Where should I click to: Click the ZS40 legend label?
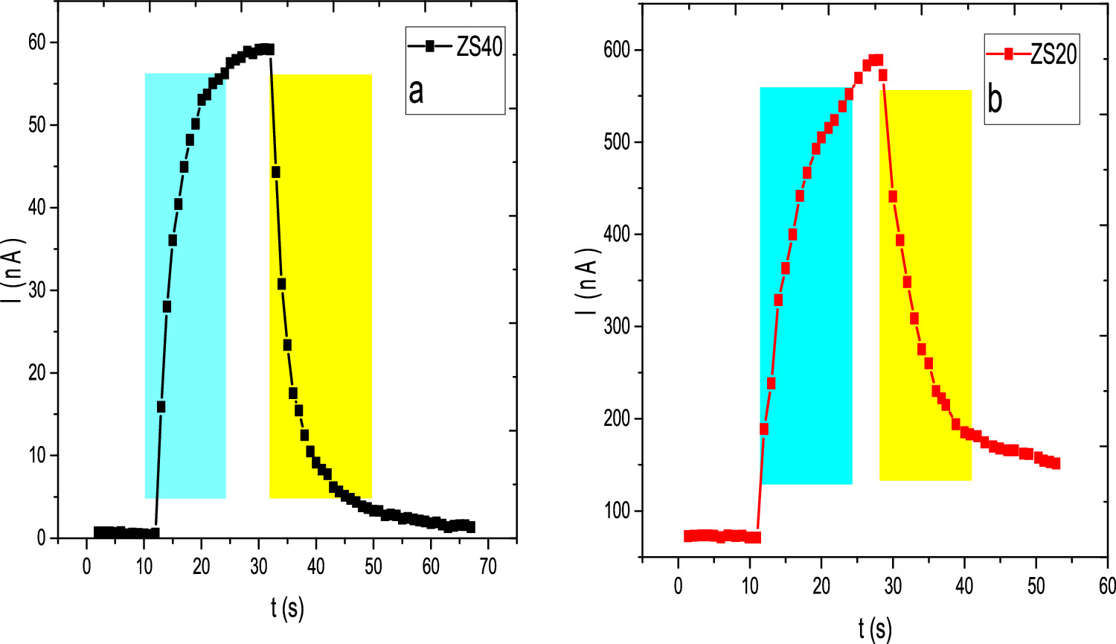click(479, 46)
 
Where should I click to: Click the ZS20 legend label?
click(1054, 54)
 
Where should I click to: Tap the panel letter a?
click(416, 91)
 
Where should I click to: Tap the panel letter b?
click(995, 99)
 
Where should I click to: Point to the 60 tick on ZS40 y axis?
click(37, 42)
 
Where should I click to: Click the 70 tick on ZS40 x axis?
click(487, 566)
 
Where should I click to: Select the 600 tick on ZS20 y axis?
click(617, 50)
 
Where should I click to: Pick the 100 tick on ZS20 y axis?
click(617, 511)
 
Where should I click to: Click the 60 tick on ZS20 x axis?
click(1107, 585)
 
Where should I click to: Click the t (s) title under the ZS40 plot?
click(287, 608)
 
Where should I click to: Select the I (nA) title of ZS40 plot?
click(16, 280)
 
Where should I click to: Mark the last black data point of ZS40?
click(469, 527)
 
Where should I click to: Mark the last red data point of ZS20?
click(1055, 463)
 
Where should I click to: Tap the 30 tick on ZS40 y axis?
click(37, 290)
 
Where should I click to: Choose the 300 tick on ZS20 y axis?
click(617, 326)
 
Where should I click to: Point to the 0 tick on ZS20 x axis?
click(679, 585)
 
